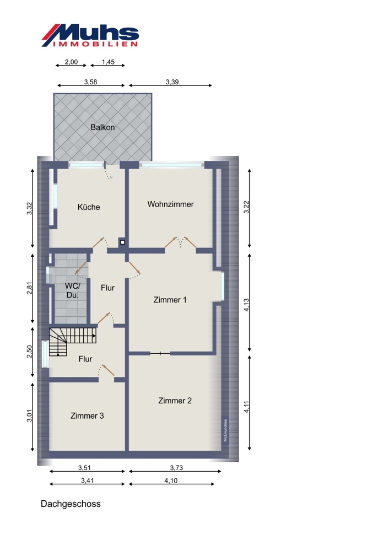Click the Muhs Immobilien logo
[x=90, y=35]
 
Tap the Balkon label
[x=102, y=127]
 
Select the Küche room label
[x=89, y=207]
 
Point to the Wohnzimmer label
[x=170, y=204]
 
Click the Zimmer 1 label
[x=170, y=300]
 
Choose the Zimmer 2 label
[x=175, y=401]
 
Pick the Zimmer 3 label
[x=87, y=415]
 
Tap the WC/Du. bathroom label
[x=73, y=290]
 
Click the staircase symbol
[x=73, y=342]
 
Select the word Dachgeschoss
[x=71, y=504]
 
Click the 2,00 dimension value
[x=71, y=62]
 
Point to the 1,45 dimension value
[x=108, y=62]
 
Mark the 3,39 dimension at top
[x=172, y=82]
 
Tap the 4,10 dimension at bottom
[x=171, y=480]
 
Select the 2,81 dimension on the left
[x=30, y=288]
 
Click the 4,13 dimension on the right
[x=247, y=305]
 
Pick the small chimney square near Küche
[x=122, y=242]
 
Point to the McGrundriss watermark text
[x=225, y=430]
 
